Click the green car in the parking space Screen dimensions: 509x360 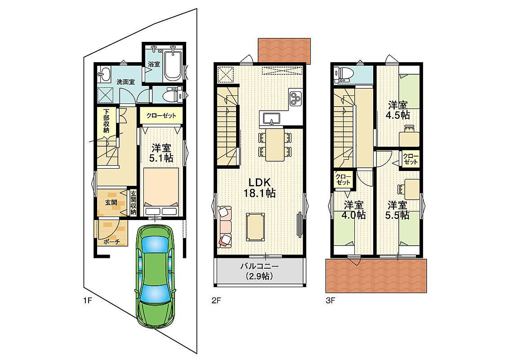[155, 276]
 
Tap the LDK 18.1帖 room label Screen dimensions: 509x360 [259, 188]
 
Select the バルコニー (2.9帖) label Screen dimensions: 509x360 [259, 271]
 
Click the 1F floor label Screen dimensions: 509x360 [88, 301]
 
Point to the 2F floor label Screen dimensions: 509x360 [216, 301]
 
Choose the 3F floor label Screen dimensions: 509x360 [330, 301]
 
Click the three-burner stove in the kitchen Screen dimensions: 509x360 [295, 99]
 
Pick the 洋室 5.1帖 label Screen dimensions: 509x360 [161, 153]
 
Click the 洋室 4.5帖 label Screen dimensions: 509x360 [397, 110]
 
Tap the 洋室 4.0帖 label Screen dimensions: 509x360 [353, 210]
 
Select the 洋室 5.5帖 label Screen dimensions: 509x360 [397, 210]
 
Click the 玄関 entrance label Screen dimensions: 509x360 [111, 202]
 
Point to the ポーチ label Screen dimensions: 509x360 [112, 242]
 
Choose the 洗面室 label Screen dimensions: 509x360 [125, 82]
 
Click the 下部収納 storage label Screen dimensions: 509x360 [106, 120]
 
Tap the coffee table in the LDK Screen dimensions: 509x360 [255, 227]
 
